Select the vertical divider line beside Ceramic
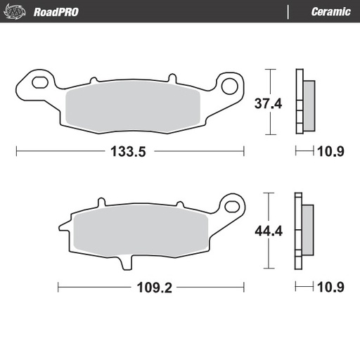[x=288, y=11]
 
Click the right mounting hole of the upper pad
[x=229, y=86]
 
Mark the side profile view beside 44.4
[x=304, y=230]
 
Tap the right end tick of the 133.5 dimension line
[x=244, y=151]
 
